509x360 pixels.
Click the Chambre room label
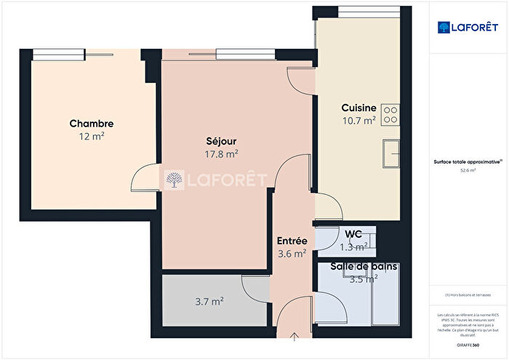click(91, 124)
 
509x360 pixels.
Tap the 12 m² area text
click(91, 136)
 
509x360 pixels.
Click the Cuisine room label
click(358, 108)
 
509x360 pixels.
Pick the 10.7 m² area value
click(358, 120)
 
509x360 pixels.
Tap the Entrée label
click(292, 241)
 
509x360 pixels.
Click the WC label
click(353, 234)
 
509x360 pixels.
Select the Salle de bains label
click(364, 267)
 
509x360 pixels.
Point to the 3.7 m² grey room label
click(209, 300)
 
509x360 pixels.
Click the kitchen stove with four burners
click(390, 113)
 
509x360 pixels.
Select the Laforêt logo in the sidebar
click(468, 27)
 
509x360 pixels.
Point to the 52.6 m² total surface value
click(468, 170)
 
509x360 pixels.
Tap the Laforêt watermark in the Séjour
click(216, 180)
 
